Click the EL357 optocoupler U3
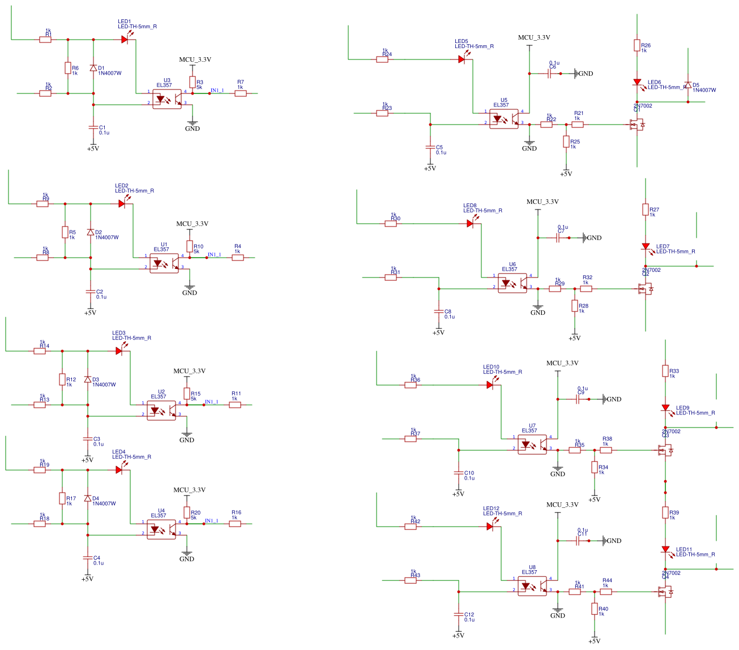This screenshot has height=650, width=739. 167,99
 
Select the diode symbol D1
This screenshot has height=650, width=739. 93,68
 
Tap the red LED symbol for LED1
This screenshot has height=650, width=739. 125,40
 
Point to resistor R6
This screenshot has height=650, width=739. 68,68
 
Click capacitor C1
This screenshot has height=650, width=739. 93,127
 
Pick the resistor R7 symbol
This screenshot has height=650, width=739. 241,93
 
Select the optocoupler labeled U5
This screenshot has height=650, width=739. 504,119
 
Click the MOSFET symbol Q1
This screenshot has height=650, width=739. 637,125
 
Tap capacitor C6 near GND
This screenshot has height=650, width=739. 549,74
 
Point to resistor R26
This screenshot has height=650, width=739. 637,45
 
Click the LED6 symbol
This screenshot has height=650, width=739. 637,83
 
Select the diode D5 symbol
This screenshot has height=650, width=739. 688,85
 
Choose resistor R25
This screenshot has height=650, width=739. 566,142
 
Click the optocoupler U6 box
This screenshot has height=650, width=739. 512,283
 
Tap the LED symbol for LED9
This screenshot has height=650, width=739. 665,408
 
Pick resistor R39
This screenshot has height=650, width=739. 665,512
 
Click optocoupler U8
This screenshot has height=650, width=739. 532,586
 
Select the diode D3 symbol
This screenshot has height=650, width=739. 88,380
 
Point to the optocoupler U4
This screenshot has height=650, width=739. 161,529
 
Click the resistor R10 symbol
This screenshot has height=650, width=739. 190,247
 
